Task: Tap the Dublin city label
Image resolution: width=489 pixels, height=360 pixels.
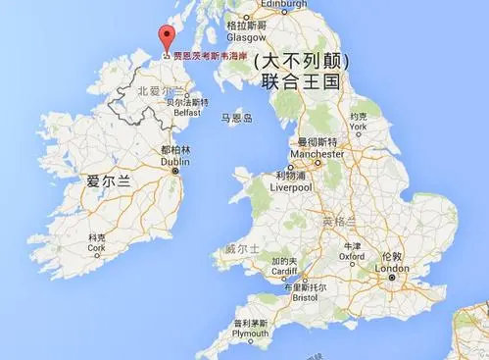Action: [174, 161]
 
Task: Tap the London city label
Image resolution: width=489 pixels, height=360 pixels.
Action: [392, 268]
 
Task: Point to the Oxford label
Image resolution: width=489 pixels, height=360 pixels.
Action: [352, 257]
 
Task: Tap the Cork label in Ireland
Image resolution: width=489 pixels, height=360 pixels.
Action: [95, 249]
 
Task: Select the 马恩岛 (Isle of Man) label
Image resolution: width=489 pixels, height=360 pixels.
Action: [237, 118]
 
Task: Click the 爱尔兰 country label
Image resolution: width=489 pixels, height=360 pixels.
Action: [108, 181]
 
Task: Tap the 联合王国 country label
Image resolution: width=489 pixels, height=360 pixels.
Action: [300, 82]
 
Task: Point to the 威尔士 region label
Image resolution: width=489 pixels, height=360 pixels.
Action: [241, 249]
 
